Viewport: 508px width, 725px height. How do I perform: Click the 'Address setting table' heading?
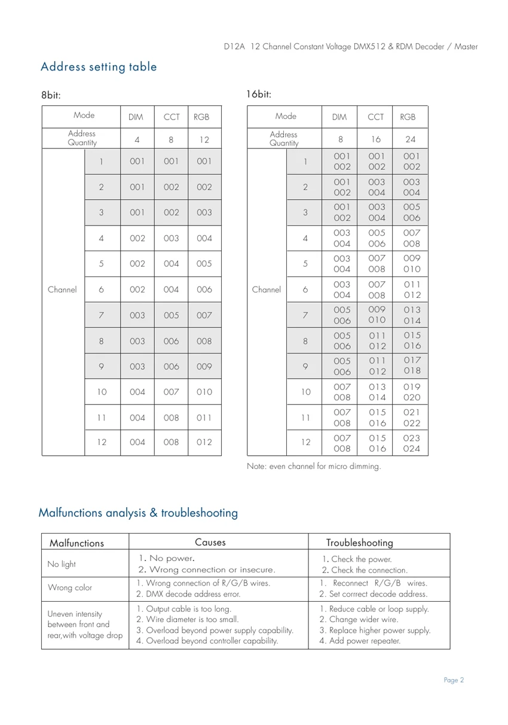(99, 67)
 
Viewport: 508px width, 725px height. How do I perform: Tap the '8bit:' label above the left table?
(51, 95)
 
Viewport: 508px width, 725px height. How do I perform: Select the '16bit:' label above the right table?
(259, 95)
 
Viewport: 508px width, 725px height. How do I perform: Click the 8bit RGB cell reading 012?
(204, 443)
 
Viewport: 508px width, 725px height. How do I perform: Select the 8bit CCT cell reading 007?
(171, 392)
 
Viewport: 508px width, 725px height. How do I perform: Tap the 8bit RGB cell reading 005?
(204, 263)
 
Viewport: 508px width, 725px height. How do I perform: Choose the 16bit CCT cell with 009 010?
(376, 315)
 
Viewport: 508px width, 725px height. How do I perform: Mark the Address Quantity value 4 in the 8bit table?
(137, 139)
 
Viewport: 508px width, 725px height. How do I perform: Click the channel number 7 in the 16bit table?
(305, 315)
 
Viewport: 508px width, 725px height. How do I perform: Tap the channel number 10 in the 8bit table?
(102, 392)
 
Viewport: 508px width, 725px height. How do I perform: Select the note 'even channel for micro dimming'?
(314, 467)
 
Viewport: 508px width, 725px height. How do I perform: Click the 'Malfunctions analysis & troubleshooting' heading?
(138, 513)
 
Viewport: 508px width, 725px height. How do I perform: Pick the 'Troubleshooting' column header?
(359, 543)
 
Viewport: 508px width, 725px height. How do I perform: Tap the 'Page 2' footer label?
(454, 680)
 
